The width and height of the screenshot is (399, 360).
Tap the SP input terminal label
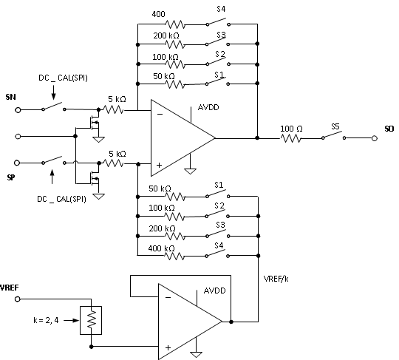click(11, 178)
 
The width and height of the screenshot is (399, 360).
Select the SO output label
click(388, 128)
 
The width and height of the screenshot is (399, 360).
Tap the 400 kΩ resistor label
click(163, 248)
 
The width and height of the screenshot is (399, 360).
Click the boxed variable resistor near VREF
click(90, 319)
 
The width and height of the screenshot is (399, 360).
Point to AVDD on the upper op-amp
click(208, 106)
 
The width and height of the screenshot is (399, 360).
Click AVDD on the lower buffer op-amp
click(215, 291)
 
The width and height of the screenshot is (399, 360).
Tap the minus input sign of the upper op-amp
click(159, 112)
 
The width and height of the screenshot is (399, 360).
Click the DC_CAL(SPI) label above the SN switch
click(64, 76)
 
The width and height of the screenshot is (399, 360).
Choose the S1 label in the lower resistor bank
click(219, 189)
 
